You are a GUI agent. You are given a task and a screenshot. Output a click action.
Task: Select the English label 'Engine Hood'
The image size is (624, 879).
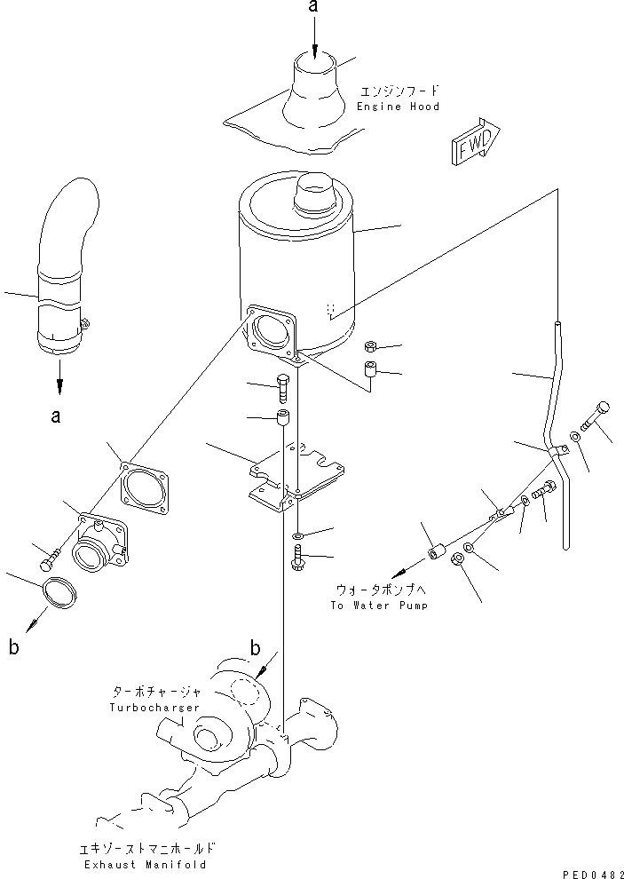tap(398, 107)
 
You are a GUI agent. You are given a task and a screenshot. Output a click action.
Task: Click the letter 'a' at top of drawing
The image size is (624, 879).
tap(312, 8)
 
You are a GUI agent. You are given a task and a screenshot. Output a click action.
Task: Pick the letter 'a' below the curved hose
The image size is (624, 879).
tap(56, 416)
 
